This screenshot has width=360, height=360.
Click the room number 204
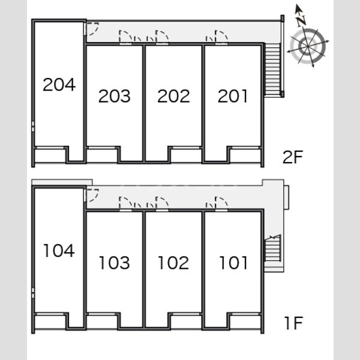59,84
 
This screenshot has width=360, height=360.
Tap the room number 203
115,96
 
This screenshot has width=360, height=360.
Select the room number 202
173,96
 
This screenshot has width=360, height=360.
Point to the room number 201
233,96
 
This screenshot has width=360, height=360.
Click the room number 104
59,250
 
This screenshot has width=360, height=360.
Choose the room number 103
115,262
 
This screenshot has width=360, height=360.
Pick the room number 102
173,262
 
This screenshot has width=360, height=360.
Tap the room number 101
233,262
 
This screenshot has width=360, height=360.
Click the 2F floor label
293,157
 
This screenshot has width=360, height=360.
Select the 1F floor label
294,323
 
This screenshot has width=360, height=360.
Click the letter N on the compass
301,21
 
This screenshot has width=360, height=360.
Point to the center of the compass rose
308,46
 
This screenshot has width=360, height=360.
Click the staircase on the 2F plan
272,69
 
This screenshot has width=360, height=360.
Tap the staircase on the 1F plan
273,248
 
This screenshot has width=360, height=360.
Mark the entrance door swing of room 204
92,29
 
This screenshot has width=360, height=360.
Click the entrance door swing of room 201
221,37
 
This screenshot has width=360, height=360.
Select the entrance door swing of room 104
92,196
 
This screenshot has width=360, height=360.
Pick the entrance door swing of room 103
125,203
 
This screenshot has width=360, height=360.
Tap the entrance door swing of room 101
221,203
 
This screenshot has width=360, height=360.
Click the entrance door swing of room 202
162,37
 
